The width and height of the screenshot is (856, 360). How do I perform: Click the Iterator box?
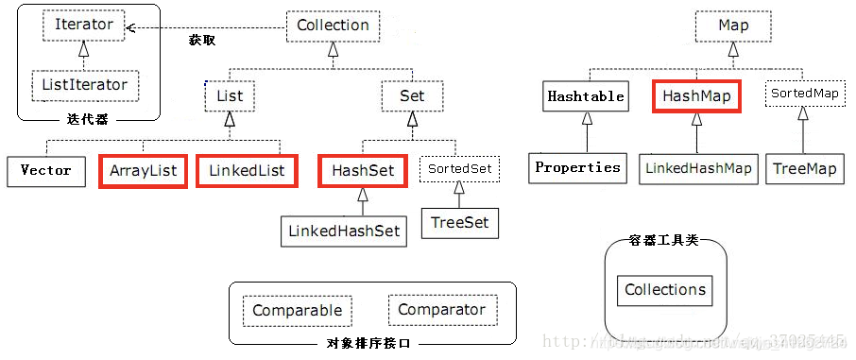pyautogui.click(x=84, y=25)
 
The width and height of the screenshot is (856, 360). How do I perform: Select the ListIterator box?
pyautogui.click(x=84, y=85)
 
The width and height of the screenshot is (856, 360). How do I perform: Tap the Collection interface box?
pyautogui.click(x=333, y=26)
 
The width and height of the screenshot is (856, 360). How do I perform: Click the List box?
pyautogui.click(x=230, y=95)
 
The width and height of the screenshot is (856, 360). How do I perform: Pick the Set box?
pyautogui.click(x=412, y=95)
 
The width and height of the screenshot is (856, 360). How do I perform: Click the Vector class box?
pyautogui.click(x=45, y=170)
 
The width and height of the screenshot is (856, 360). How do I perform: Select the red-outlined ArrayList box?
pyautogui.click(x=143, y=171)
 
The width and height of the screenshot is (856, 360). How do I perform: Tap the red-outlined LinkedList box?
pyautogui.click(x=247, y=171)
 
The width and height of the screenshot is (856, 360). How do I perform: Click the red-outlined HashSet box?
pyautogui.click(x=362, y=171)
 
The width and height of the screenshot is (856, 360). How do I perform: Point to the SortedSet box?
pyautogui.click(x=459, y=168)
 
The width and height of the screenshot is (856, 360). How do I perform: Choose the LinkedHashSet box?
pyautogui.click(x=344, y=231)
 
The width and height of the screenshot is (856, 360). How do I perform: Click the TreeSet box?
pyautogui.click(x=459, y=223)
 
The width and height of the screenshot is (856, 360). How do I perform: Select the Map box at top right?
pyautogui.click(x=733, y=26)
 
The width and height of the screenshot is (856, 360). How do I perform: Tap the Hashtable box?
pyautogui.click(x=586, y=95)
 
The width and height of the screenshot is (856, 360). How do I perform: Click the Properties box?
pyautogui.click(x=577, y=167)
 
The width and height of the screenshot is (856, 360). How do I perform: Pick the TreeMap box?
pyautogui.click(x=804, y=168)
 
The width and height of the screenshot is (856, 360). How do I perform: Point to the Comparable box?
pyautogui.click(x=297, y=311)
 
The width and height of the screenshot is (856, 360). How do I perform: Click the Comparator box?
pyautogui.click(x=441, y=310)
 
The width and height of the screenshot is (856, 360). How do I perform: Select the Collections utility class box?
pyautogui.click(x=665, y=290)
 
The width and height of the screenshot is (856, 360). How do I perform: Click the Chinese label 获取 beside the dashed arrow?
pyautogui.click(x=202, y=40)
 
